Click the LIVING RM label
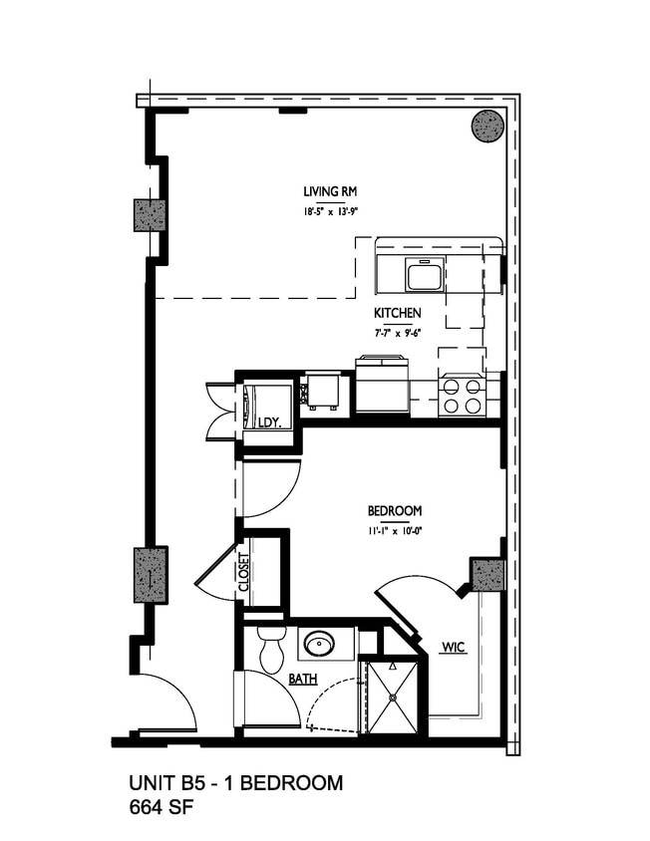tap(325, 192)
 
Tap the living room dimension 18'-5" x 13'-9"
tap(325, 211)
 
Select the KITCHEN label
tap(398, 313)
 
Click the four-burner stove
tap(461, 396)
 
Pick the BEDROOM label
tap(395, 511)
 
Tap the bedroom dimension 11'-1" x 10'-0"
tap(395, 530)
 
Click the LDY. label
tap(269, 422)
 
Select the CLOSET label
tap(244, 572)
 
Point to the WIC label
tap(454, 649)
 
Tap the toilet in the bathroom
tap(271, 649)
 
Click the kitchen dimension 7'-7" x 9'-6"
tap(398, 332)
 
